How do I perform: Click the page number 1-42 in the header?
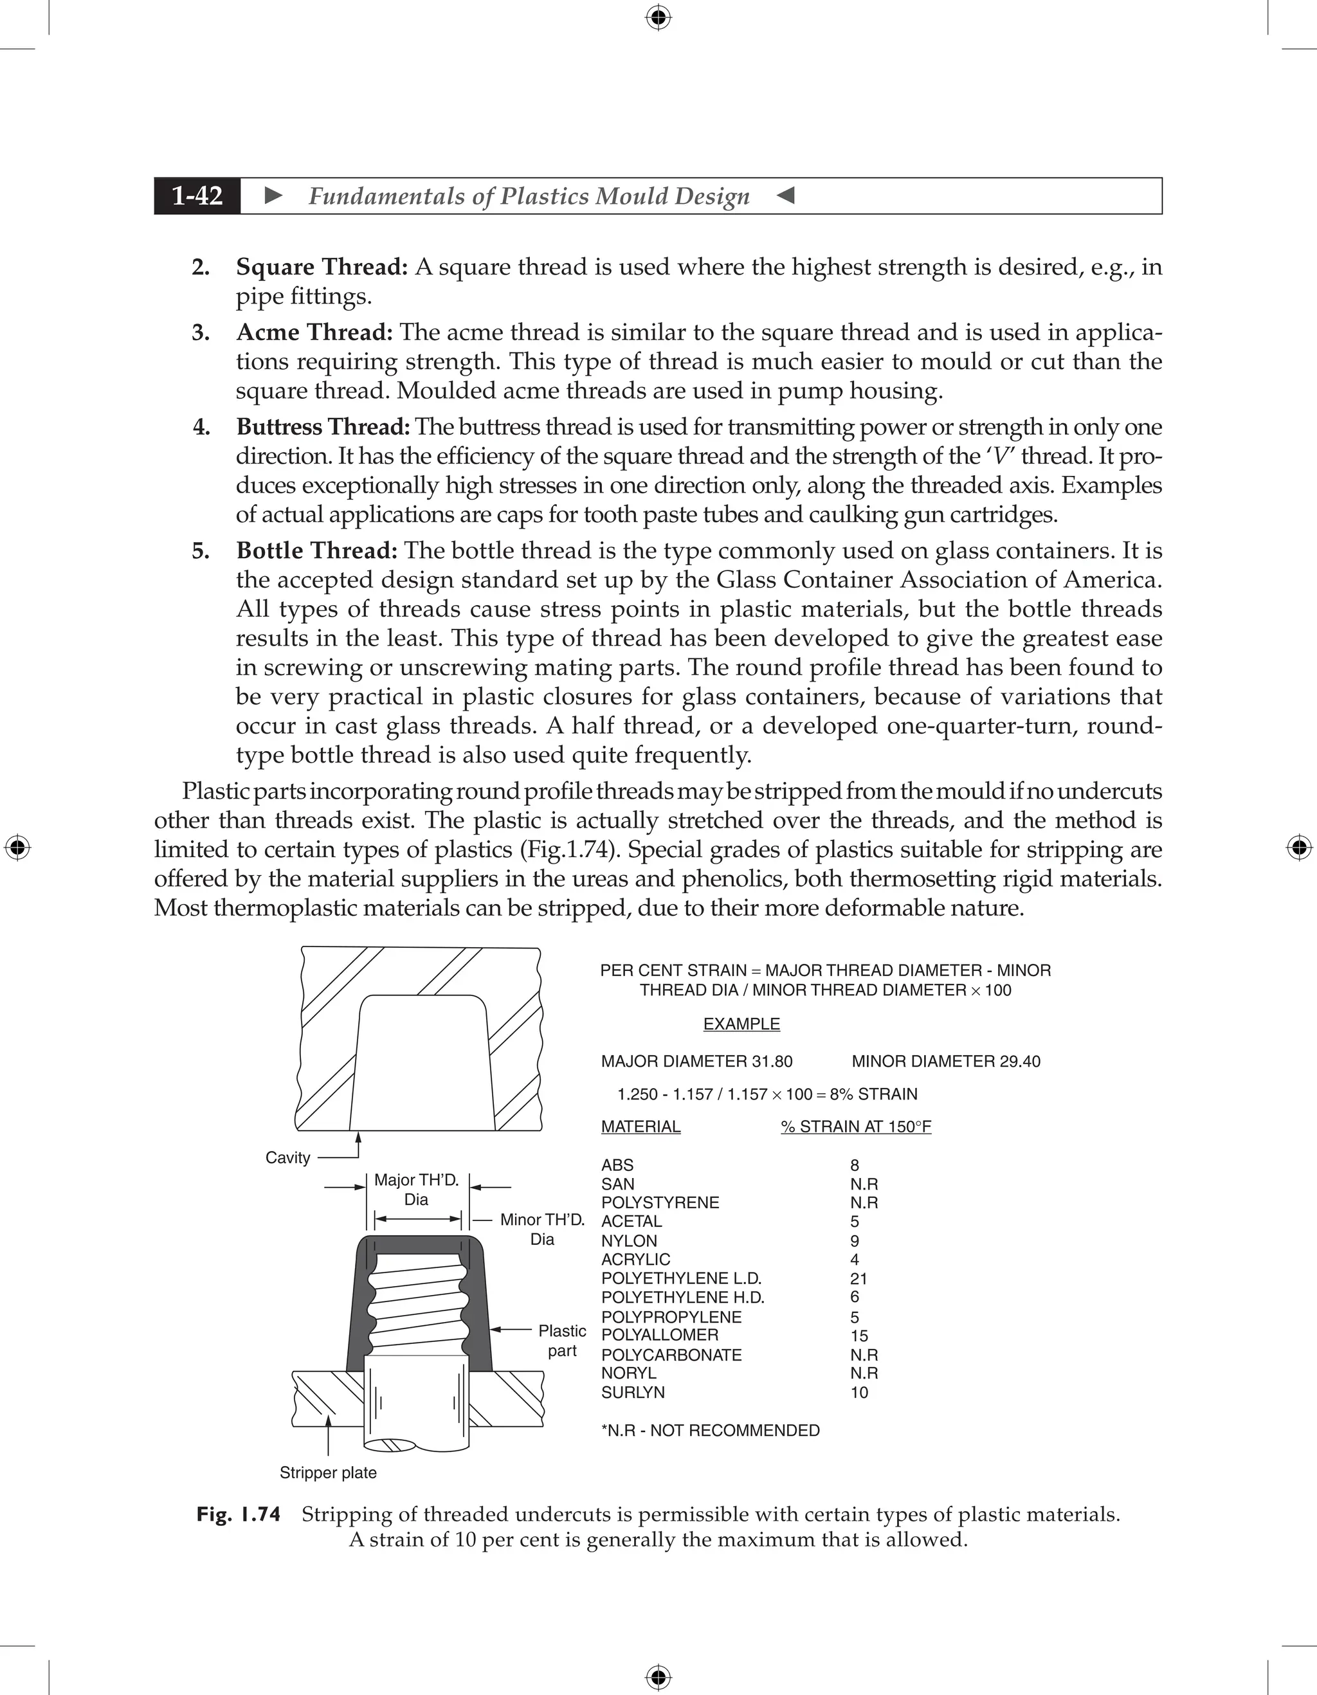point(197,196)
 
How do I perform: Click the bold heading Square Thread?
point(322,267)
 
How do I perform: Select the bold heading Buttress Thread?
point(323,427)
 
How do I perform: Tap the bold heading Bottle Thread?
point(316,551)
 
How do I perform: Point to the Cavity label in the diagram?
point(287,1158)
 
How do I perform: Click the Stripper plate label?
point(327,1473)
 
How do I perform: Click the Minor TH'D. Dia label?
point(541,1229)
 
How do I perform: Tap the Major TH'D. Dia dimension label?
point(416,1190)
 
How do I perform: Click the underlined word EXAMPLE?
point(741,1024)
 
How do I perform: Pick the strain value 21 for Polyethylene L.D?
point(858,1278)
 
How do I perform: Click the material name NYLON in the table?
point(629,1241)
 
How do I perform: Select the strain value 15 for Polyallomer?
point(858,1336)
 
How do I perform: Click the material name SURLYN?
point(633,1392)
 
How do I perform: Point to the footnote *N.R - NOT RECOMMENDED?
point(709,1429)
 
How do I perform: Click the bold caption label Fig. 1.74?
point(238,1514)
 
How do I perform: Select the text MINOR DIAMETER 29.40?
point(945,1061)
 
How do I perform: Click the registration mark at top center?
point(658,17)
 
